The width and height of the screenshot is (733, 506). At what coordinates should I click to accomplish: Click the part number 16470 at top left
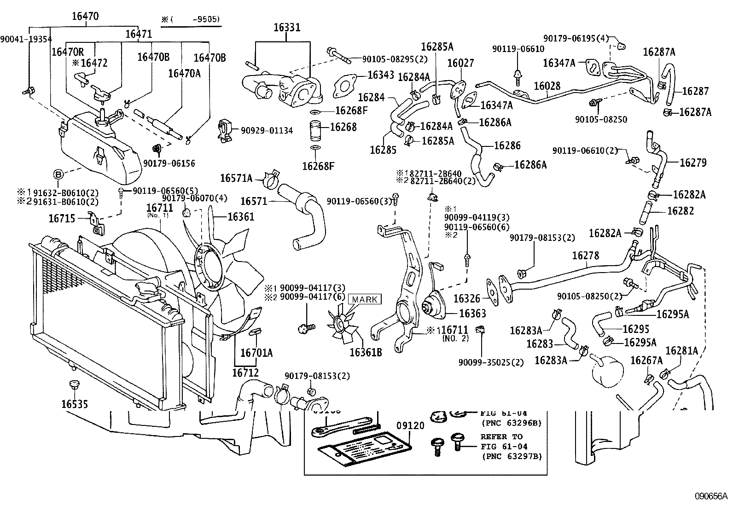coord(85,17)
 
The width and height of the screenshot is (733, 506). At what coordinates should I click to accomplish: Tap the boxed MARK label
coord(365,300)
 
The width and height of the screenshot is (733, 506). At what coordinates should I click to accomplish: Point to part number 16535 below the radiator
coord(75,404)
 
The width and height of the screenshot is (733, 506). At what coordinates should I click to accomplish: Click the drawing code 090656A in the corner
coord(711,496)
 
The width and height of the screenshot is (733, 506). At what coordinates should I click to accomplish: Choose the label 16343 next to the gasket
coord(381,76)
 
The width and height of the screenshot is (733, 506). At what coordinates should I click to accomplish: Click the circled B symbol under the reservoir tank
coord(58,174)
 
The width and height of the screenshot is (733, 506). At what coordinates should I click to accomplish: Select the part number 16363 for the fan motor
coord(472,314)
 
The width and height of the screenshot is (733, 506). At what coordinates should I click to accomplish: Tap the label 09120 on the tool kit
coord(410,426)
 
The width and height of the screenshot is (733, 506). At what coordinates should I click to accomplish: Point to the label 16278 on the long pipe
coord(586,255)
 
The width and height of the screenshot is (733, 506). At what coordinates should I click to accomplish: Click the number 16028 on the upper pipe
coord(547,86)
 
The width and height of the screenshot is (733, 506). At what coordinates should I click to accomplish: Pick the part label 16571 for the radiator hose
coord(254,201)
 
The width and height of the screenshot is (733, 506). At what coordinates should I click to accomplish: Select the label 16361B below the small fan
coord(366,352)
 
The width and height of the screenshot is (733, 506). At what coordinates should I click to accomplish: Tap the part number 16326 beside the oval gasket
coord(467,299)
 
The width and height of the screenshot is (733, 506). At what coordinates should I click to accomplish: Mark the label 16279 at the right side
coord(693,163)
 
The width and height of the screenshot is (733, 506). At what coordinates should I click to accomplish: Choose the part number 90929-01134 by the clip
coord(267,130)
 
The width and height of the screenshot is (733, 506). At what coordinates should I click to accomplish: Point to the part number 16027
coord(460,63)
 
